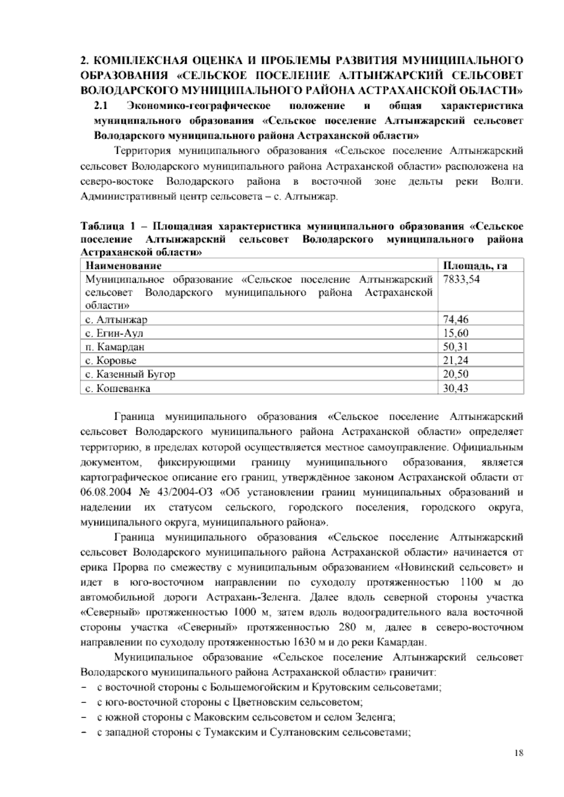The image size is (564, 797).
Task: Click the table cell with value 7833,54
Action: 461,281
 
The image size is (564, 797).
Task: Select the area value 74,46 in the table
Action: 455,320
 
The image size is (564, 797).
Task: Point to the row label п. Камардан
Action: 115,347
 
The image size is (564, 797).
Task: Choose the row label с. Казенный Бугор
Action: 131,375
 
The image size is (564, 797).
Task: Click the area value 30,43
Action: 455,389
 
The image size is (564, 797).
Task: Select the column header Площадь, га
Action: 475,266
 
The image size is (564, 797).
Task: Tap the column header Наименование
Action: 124,266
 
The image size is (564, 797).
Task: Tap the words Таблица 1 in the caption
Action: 102,227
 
